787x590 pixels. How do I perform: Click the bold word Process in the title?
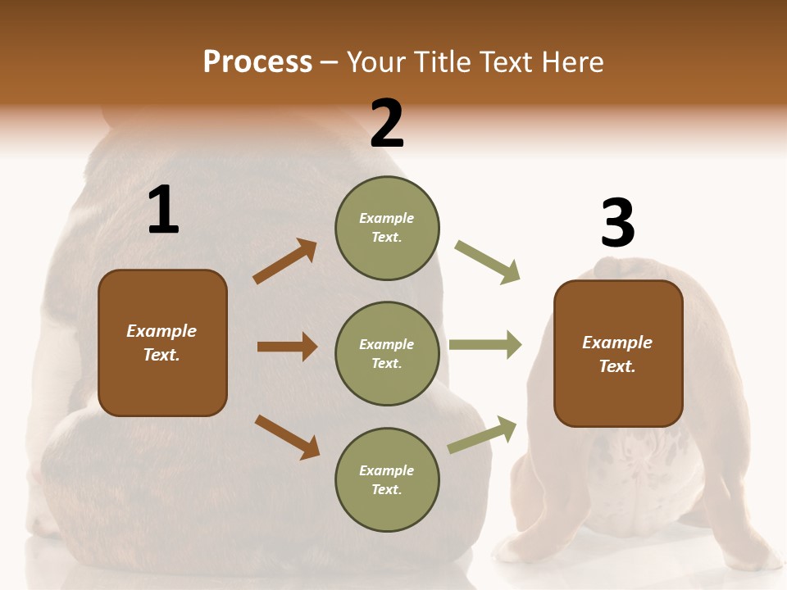tap(257, 62)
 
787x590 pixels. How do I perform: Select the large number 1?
tap(163, 211)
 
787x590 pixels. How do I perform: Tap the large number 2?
tap(387, 124)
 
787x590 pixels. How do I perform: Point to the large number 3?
tap(617, 223)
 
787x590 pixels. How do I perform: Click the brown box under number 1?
tap(162, 343)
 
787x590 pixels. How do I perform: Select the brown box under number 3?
tap(618, 353)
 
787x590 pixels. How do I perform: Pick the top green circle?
tap(387, 227)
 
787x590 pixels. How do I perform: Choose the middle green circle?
tap(387, 353)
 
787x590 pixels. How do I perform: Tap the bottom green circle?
tap(387, 479)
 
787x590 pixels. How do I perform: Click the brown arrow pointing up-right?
tap(284, 261)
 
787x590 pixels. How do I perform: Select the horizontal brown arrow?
tap(287, 347)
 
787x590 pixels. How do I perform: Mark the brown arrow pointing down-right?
tap(287, 437)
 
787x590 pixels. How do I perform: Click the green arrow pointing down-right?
tap(488, 262)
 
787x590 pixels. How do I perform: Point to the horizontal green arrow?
tap(485, 344)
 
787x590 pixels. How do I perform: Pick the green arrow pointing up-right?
tap(482, 435)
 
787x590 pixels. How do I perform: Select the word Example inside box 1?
tap(161, 331)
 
